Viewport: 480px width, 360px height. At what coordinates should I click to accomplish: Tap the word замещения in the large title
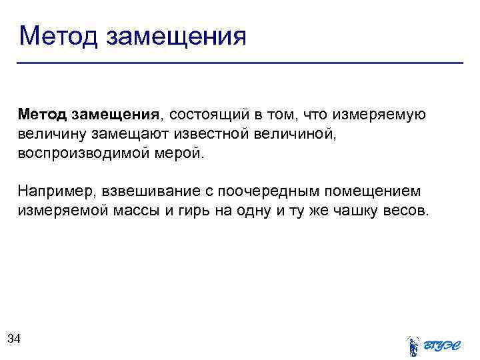176,36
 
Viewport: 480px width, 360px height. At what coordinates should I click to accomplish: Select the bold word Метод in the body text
43,115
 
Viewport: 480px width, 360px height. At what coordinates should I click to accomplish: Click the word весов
407,211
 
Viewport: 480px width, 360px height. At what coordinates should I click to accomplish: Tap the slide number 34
13,339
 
